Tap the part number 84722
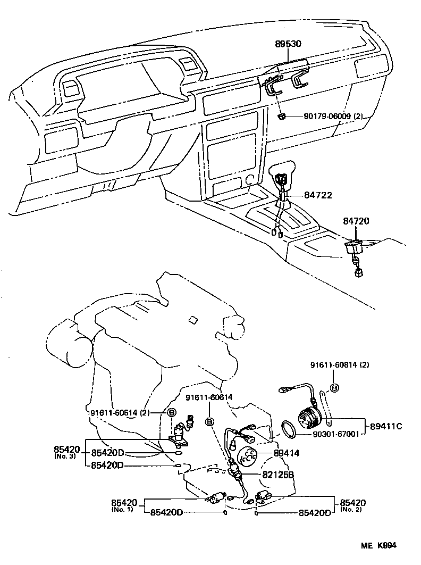tap(318, 195)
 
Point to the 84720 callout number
tap(356, 221)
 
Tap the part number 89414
tap(287, 453)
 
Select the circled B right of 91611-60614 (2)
tap(172, 412)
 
